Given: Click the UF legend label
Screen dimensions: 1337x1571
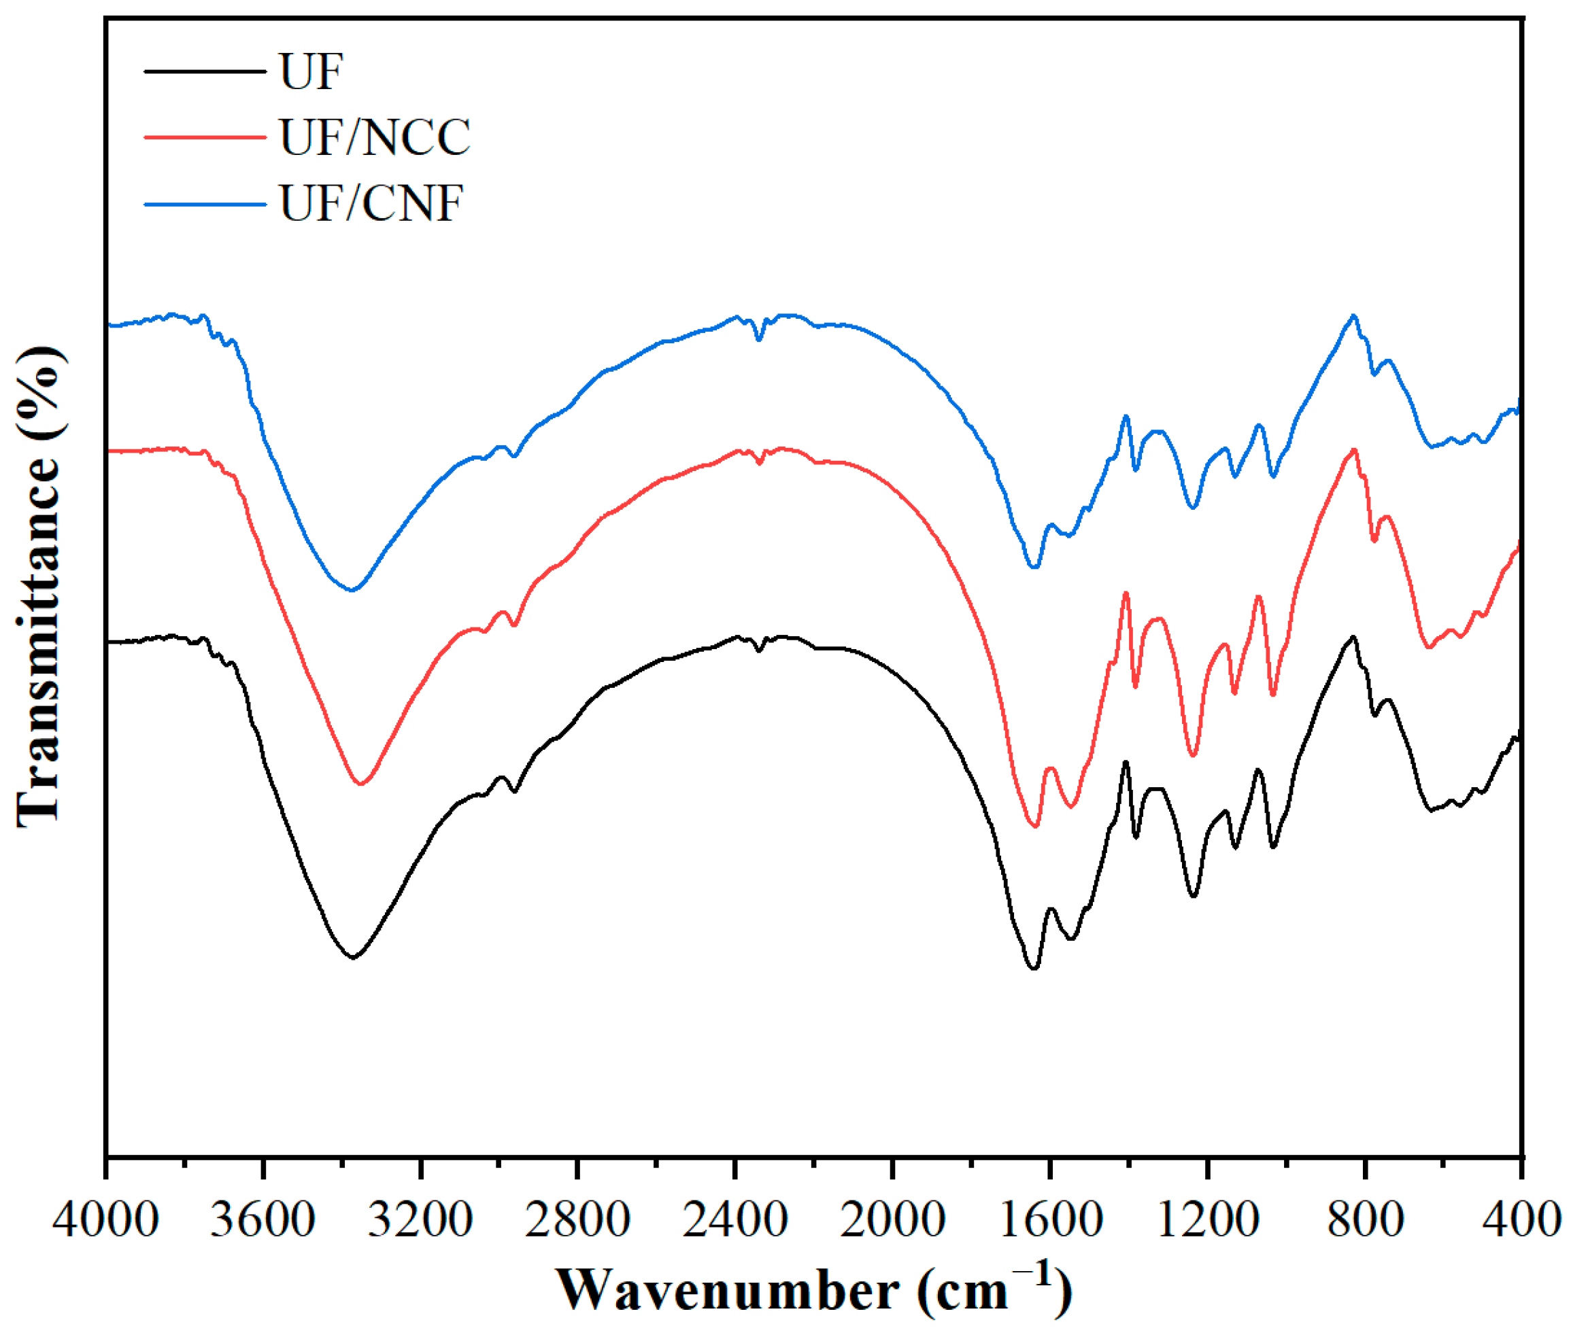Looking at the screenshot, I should pyautogui.click(x=311, y=72).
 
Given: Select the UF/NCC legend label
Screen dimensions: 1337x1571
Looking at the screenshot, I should pyautogui.click(x=375, y=137).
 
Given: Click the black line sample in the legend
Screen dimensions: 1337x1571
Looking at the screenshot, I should pyautogui.click(x=205, y=72).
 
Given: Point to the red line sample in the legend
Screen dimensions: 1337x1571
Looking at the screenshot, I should pyautogui.click(x=205, y=137).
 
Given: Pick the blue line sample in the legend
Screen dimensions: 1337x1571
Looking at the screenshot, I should pyautogui.click(x=205, y=204).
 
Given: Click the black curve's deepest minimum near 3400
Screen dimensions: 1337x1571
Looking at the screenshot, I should pyautogui.click(x=352, y=957).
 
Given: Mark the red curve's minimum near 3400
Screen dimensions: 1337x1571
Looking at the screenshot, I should pyautogui.click(x=361, y=784).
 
